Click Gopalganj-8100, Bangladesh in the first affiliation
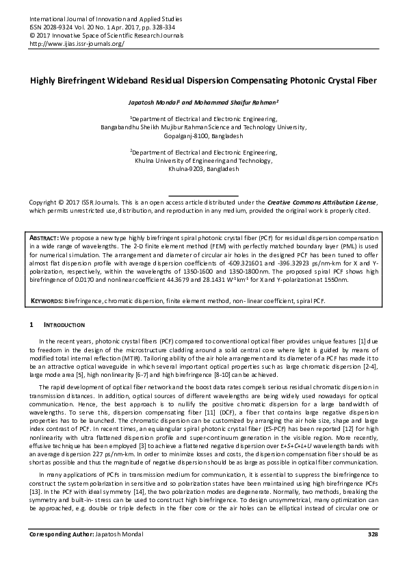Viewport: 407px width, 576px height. tap(203, 136)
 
